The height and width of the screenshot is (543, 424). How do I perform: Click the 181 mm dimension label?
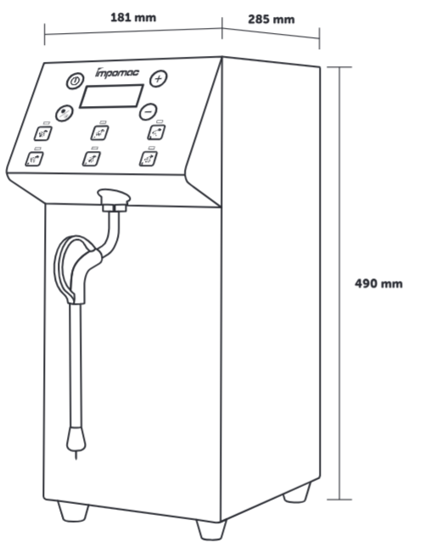[133, 17]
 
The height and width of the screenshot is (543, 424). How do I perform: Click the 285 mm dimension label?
[271, 20]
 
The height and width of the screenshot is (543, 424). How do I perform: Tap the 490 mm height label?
[379, 283]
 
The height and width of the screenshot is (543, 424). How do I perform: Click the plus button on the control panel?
[159, 79]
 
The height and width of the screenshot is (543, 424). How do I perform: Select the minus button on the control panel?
[148, 112]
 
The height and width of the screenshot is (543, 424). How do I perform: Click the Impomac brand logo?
[117, 72]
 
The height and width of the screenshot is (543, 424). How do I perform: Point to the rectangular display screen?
[111, 96]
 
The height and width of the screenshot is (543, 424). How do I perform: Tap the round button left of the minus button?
[64, 113]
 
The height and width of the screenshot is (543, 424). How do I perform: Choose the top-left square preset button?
[43, 133]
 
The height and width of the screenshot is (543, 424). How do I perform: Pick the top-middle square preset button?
[100, 132]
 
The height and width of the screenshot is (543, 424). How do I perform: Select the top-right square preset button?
[156, 132]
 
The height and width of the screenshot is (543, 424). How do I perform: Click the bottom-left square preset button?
[34, 159]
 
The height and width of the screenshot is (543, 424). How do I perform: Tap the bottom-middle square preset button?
[92, 159]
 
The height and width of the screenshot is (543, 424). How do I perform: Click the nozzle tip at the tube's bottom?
[76, 441]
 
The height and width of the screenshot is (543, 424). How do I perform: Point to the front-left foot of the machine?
[73, 512]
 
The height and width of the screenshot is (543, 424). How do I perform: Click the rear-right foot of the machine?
[297, 492]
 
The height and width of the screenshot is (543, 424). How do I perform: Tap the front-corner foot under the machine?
[211, 529]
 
